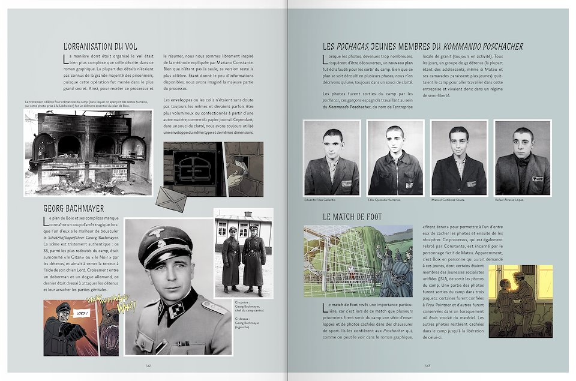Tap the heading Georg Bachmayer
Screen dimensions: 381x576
[x=74, y=208]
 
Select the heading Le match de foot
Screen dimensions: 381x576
[x=344, y=217]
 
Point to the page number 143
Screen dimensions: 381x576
[x=427, y=364]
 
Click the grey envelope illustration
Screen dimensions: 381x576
[x=172, y=197]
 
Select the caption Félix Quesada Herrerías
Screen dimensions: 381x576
[x=385, y=200]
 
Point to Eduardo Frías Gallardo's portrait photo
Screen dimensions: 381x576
[x=332, y=158]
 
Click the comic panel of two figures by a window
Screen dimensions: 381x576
[x=520, y=300]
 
